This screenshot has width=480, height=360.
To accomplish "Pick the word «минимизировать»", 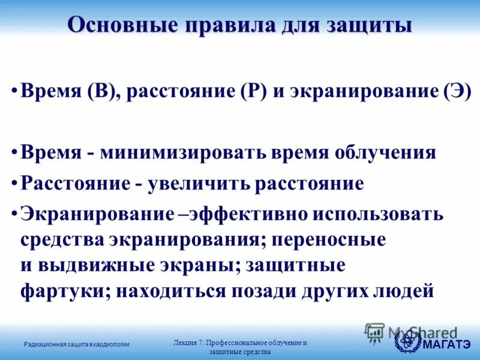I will tap(181, 152).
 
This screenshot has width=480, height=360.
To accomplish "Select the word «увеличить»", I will tap(197, 183).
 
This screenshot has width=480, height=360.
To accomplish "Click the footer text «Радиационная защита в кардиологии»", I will tap(77, 344).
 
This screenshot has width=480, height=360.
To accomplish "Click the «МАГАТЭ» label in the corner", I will tap(446, 344).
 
